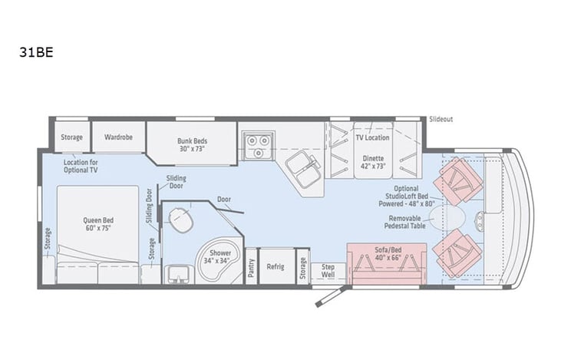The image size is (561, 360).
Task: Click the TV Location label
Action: click(372, 137)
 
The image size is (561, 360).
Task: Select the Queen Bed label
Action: click(98, 223)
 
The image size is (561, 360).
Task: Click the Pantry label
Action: click(251, 266)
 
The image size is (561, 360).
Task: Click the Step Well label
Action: click(328, 269)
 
